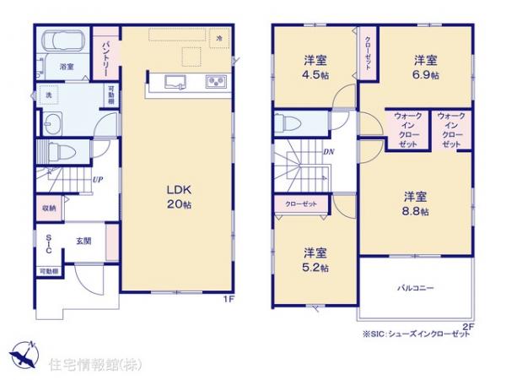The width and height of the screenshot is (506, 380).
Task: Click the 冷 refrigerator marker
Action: tap(219, 38)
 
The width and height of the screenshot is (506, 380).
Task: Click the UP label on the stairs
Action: tap(98, 179)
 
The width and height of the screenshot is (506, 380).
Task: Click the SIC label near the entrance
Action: tap(48, 246)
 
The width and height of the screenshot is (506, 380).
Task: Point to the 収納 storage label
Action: tap(49, 208)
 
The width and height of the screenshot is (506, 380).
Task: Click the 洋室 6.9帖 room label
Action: tap(424, 65)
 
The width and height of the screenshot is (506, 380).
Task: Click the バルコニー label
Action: tap(415, 288)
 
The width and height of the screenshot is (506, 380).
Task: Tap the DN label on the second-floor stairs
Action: tap(327, 152)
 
